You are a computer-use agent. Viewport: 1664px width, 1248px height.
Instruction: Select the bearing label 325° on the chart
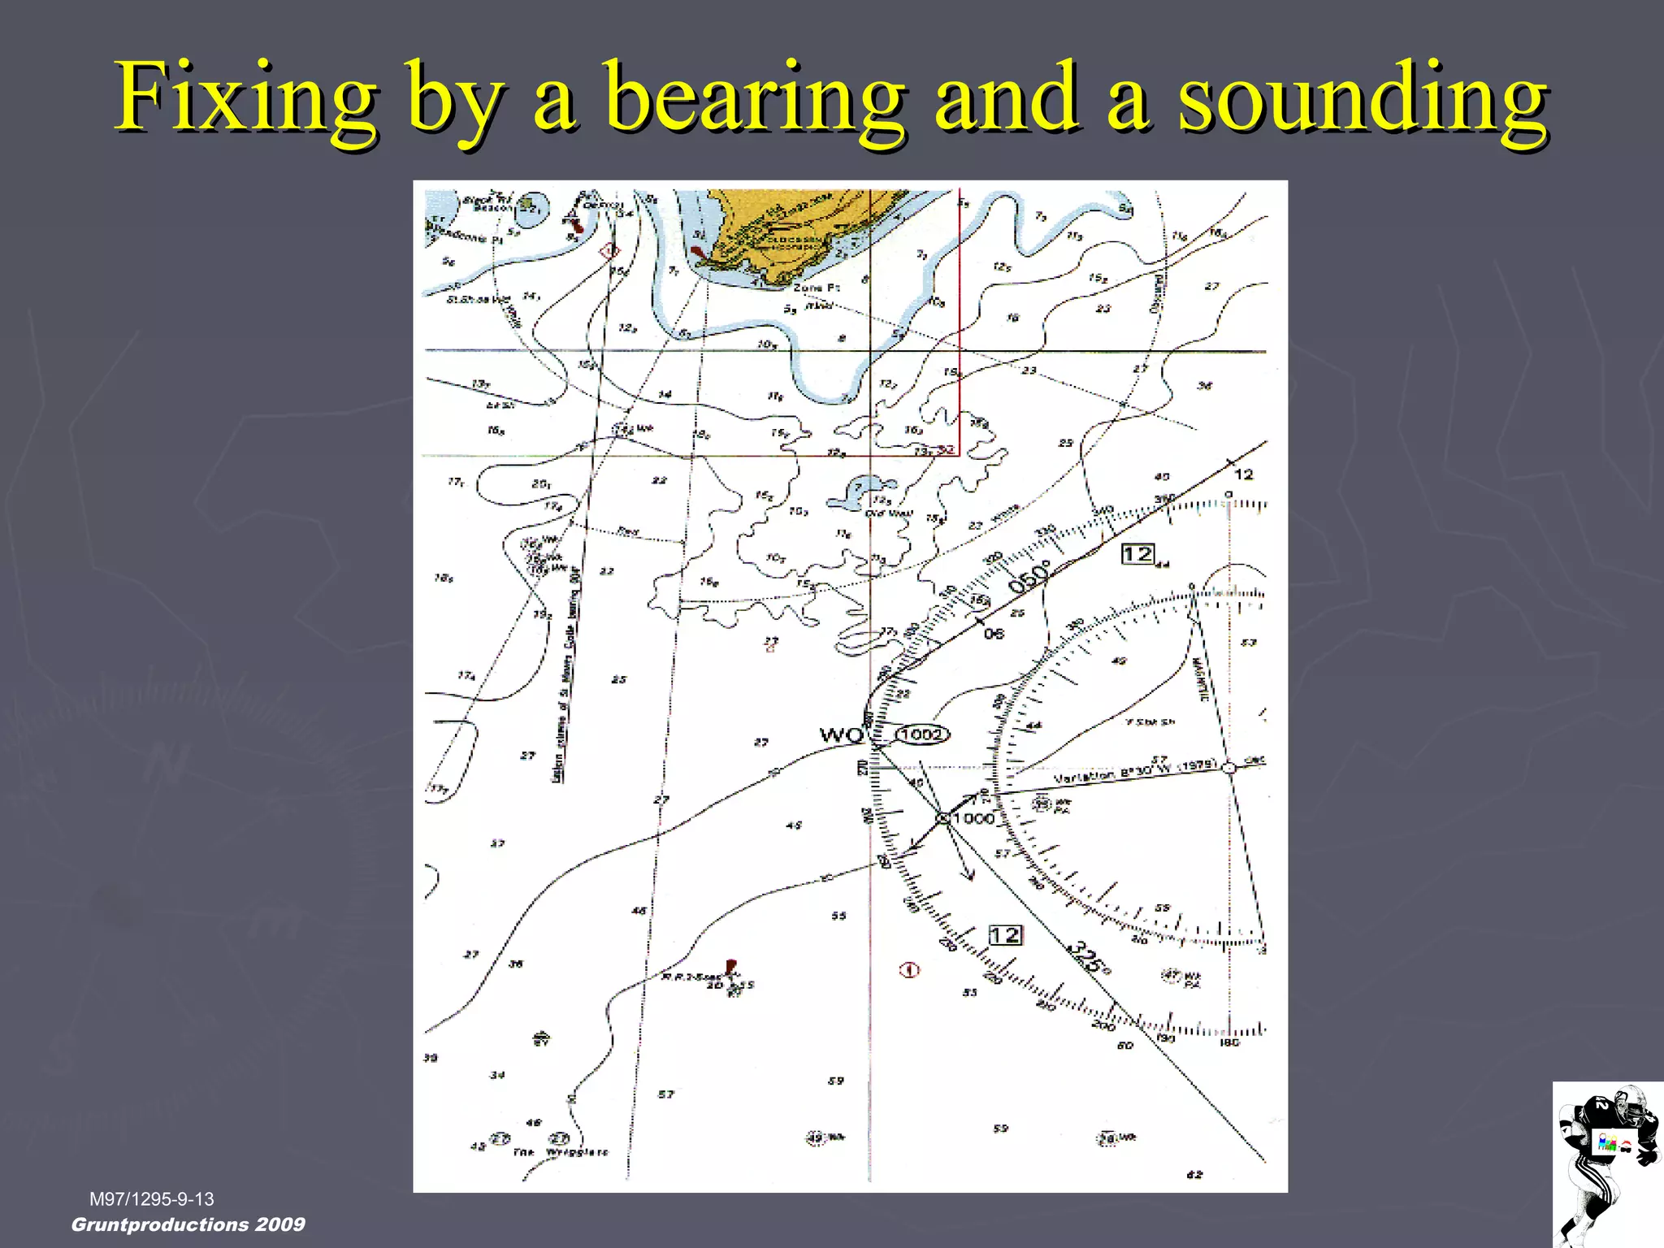1089,957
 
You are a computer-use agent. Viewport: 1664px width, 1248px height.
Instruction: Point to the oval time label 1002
922,734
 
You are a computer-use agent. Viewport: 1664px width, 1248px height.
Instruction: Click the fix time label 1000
973,818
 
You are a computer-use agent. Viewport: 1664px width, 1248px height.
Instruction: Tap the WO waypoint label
841,735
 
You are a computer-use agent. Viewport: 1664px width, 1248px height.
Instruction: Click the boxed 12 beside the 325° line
1005,935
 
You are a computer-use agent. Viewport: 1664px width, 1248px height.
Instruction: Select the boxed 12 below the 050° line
1137,554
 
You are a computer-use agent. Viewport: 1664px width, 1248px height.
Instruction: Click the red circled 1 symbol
910,969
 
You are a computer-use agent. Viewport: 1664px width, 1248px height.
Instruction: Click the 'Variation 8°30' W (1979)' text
1134,772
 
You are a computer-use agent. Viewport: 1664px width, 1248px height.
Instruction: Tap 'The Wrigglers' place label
561,1152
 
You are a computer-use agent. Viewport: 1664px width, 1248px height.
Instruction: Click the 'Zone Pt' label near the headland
817,288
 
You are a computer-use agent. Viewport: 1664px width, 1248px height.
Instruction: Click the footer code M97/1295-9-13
152,1199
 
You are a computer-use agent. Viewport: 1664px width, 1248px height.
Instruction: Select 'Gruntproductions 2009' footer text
188,1224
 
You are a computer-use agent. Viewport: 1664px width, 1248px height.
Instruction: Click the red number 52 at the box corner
946,449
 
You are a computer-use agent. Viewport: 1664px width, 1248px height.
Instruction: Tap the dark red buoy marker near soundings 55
730,967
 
